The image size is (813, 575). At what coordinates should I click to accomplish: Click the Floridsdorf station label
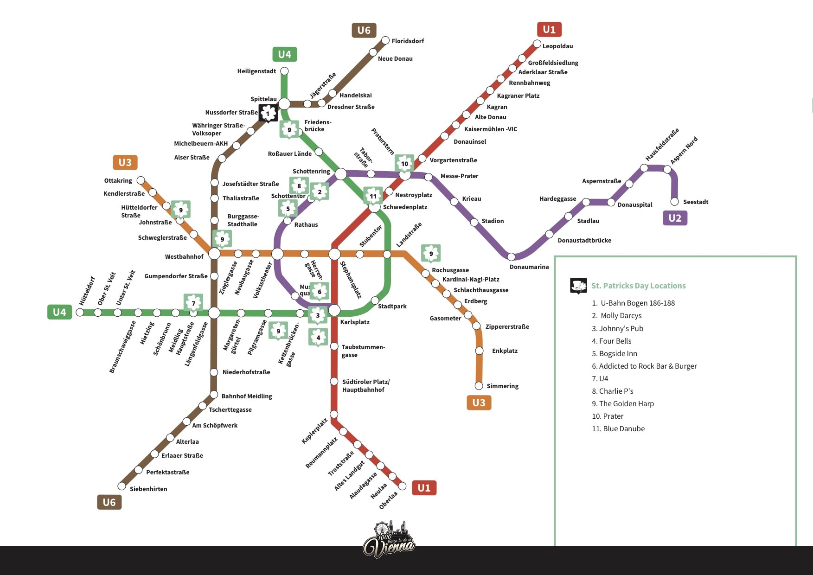point(407,41)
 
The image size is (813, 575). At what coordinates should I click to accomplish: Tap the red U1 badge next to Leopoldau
point(549,30)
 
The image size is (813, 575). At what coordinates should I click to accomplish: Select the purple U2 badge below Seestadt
point(674,218)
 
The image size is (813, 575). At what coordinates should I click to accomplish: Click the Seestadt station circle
point(675,202)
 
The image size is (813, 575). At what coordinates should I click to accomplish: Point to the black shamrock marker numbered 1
point(268,113)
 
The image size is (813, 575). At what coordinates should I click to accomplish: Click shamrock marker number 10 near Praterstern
point(404,163)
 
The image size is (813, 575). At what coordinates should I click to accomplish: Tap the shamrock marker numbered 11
point(373,196)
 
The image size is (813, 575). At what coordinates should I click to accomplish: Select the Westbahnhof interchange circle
point(214,254)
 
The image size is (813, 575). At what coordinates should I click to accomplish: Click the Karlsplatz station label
point(355,322)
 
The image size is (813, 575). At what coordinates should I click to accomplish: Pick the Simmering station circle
point(479,386)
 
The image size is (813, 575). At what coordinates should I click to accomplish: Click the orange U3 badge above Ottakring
point(125,162)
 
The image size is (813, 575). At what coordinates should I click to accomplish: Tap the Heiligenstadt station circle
point(284,71)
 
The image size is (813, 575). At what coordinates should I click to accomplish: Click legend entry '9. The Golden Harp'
point(622,403)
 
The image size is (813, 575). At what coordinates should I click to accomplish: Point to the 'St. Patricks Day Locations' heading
point(638,286)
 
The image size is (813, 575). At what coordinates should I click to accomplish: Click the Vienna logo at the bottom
point(389,540)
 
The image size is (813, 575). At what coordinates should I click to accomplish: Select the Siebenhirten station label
point(148,489)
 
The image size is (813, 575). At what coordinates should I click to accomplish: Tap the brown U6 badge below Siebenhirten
point(109,502)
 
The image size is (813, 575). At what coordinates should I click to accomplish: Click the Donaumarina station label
point(529,267)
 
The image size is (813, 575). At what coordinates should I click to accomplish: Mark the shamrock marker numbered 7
point(193,303)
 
